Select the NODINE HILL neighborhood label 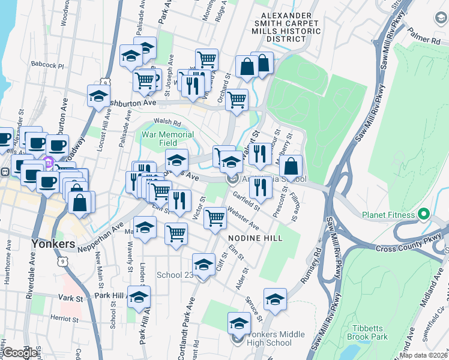click(255, 238)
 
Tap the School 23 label click(174, 275)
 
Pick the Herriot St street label click(65, 318)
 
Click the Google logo click(20, 353)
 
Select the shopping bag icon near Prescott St click(291, 166)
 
